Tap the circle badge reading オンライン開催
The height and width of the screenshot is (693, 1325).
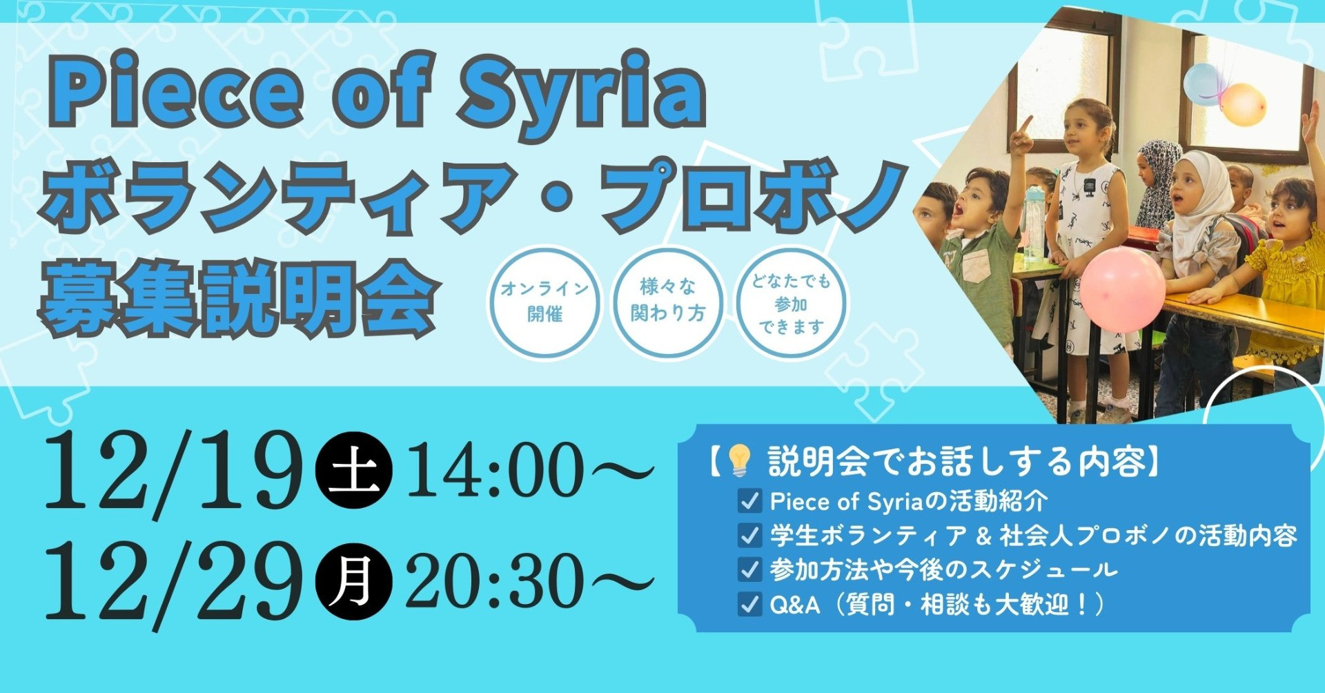pos(544,302)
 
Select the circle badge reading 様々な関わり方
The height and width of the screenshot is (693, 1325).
pos(668,302)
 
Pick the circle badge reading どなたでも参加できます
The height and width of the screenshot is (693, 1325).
pos(791,302)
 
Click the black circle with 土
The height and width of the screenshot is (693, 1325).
pos(353,471)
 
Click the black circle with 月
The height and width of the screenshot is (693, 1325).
pos(353,581)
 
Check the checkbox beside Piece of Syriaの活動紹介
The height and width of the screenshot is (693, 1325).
pos(749,501)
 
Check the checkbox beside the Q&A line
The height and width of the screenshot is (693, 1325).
pos(749,604)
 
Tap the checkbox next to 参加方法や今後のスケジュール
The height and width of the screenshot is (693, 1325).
pos(749,569)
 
